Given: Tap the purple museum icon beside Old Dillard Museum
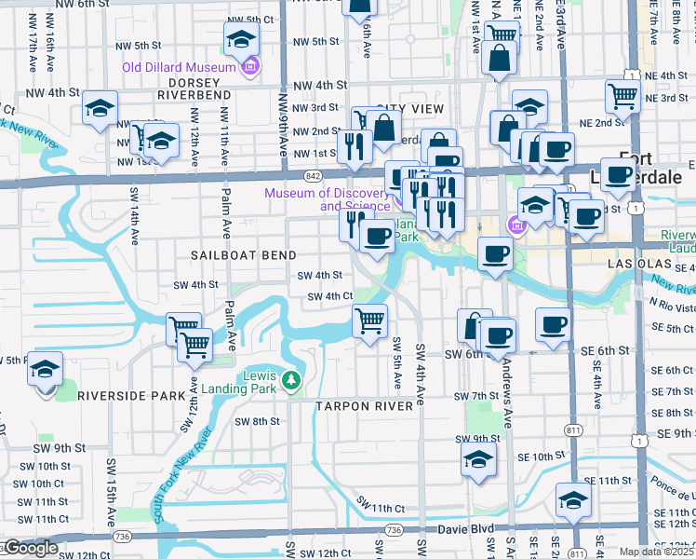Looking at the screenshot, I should (248, 67).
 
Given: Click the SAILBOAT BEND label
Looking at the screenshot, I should (244, 255).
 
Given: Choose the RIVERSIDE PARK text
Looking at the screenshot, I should (131, 395).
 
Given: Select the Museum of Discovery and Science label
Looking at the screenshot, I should (327, 199).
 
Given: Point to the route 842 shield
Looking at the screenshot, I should (313, 174).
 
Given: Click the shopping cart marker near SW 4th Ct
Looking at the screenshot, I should (370, 321).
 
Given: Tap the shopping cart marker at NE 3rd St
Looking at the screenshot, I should (622, 94).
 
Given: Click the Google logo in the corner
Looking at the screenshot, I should (30, 548).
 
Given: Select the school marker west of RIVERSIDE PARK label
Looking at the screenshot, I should (45, 370).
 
